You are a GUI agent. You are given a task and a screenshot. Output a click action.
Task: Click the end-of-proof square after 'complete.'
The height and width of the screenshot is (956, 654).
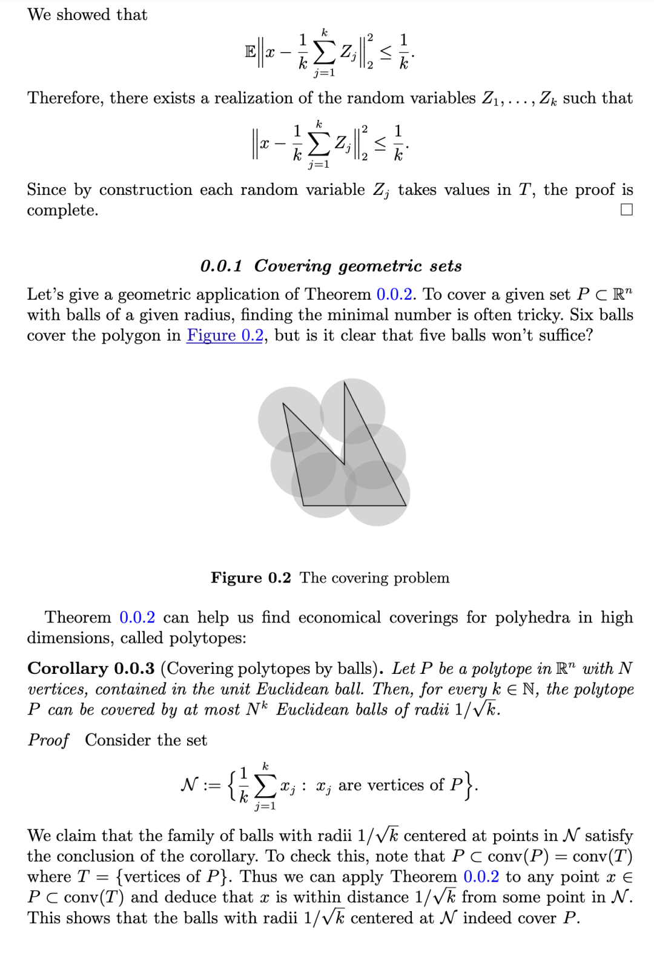pyautogui.click(x=627, y=209)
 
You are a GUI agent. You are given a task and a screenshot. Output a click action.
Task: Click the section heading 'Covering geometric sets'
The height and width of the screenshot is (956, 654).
pyautogui.click(x=358, y=266)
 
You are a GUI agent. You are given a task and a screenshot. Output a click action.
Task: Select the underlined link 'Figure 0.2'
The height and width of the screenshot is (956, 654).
pyautogui.click(x=225, y=335)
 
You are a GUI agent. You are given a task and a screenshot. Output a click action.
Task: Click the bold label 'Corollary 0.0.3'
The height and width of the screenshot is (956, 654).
pyautogui.click(x=91, y=668)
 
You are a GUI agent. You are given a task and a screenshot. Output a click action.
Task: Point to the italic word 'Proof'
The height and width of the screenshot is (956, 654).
pyautogui.click(x=48, y=740)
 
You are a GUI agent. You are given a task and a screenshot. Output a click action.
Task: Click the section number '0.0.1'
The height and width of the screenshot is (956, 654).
pyautogui.click(x=221, y=266)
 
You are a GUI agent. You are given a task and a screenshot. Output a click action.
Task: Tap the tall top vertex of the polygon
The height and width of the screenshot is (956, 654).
pyautogui.click(x=345, y=382)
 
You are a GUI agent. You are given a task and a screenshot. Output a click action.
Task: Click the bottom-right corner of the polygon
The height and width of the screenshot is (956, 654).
pyautogui.click(x=406, y=505)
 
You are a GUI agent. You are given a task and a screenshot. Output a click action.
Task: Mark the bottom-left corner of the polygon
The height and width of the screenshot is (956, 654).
pyautogui.click(x=303, y=505)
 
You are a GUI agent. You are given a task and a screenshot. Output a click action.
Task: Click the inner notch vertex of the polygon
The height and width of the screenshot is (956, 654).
pyautogui.click(x=344, y=464)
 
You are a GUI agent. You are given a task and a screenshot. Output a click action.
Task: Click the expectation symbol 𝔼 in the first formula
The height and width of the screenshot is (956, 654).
pyautogui.click(x=250, y=52)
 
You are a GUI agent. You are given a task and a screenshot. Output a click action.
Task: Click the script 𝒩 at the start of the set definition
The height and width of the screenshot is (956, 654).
pyautogui.click(x=190, y=785)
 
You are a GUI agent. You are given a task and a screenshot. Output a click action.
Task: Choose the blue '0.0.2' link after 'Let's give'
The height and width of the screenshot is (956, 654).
pyautogui.click(x=395, y=294)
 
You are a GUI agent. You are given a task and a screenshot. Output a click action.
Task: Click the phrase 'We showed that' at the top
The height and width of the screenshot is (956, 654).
pyautogui.click(x=87, y=15)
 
